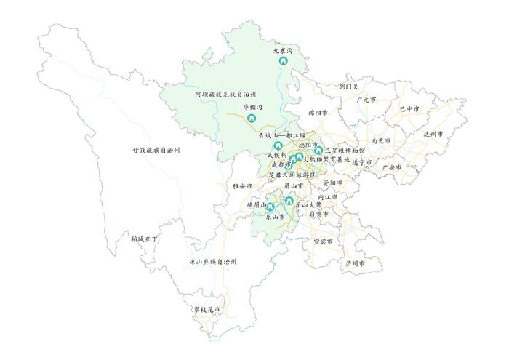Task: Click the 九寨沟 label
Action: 282,51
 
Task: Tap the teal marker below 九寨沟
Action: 283,62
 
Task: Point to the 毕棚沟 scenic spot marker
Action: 252,119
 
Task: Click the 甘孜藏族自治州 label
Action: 156,150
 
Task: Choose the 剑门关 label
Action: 349,86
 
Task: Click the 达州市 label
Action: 433,134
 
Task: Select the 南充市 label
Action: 381,140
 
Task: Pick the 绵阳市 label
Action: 318,113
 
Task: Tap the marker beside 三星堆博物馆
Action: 318,151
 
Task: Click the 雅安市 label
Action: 242,186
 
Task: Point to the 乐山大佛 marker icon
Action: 289,201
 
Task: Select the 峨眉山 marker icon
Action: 270,208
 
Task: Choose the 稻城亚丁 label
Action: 144,239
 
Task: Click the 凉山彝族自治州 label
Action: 212,261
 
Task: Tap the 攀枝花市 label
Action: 207,310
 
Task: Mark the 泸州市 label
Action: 354,263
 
